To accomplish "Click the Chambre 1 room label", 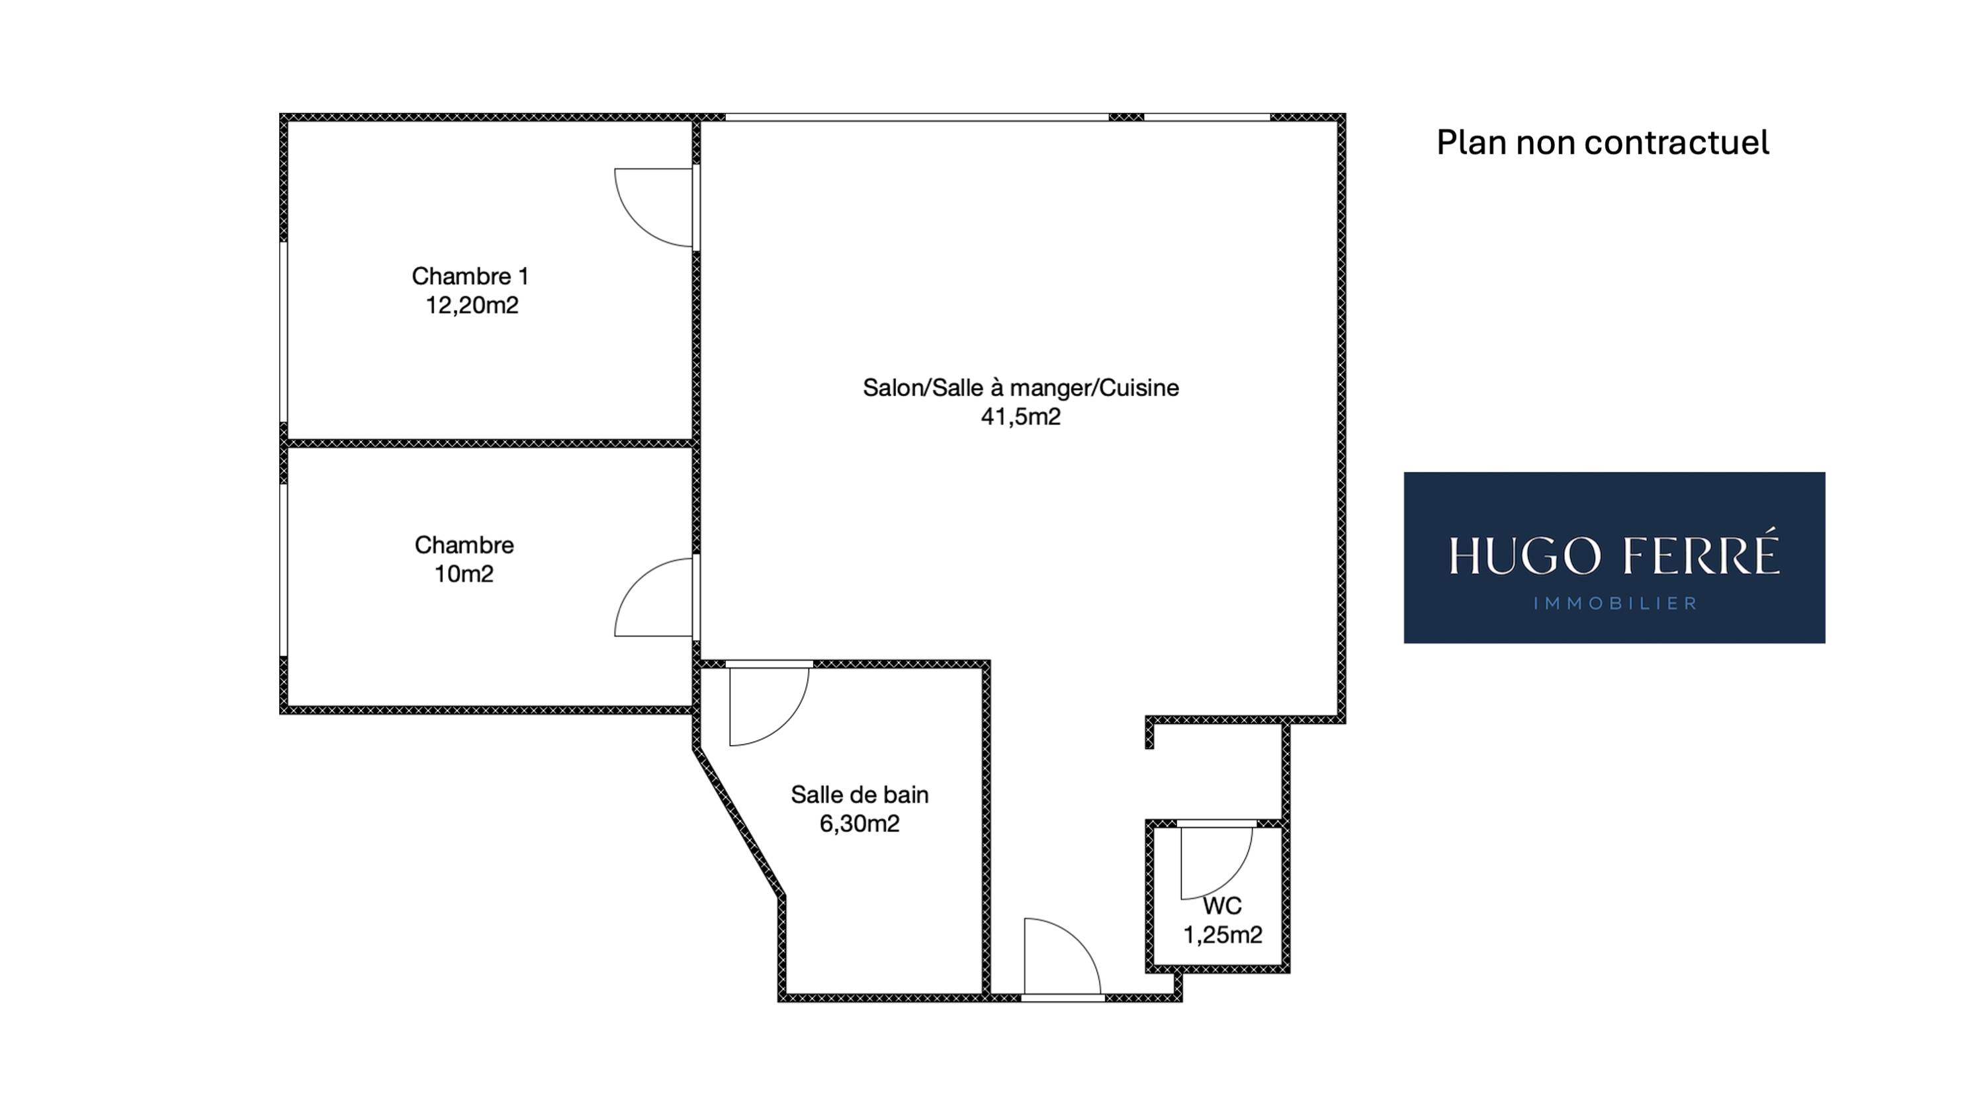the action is pos(470,276).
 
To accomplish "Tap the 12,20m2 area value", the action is pos(472,305).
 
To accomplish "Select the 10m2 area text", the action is pos(464,575).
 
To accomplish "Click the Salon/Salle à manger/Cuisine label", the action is pos(1021,387).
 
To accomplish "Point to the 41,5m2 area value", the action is pos(1021,417).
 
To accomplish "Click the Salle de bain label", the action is pos(860,795).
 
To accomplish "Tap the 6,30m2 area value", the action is pos(860,824).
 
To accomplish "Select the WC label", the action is pos(1222,906).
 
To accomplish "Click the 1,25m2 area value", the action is pos(1223,935).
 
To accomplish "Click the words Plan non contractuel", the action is pos(1603,143).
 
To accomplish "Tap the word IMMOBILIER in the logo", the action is pos(1615,603).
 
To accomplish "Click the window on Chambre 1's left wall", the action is pos(284,332).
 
